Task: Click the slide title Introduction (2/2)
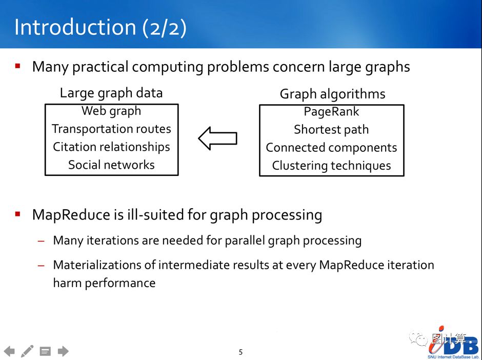[x=100, y=27]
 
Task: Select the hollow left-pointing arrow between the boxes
[x=217, y=138]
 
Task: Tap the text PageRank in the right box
[x=331, y=112]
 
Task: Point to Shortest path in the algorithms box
[x=331, y=130]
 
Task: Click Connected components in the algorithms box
[x=331, y=148]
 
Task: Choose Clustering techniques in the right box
[x=331, y=166]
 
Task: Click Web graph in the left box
[x=111, y=111]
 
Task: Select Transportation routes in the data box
[x=111, y=129]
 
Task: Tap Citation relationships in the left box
[x=111, y=147]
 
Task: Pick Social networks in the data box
[x=111, y=165]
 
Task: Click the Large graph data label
[x=111, y=93]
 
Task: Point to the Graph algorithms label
[x=332, y=94]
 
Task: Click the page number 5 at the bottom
[x=240, y=352]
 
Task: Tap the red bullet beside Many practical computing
[x=18, y=66]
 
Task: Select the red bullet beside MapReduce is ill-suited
[x=18, y=214]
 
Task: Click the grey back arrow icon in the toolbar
[x=9, y=351]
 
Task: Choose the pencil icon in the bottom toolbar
[x=27, y=351]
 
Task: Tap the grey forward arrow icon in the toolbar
[x=63, y=351]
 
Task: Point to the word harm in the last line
[x=67, y=283]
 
